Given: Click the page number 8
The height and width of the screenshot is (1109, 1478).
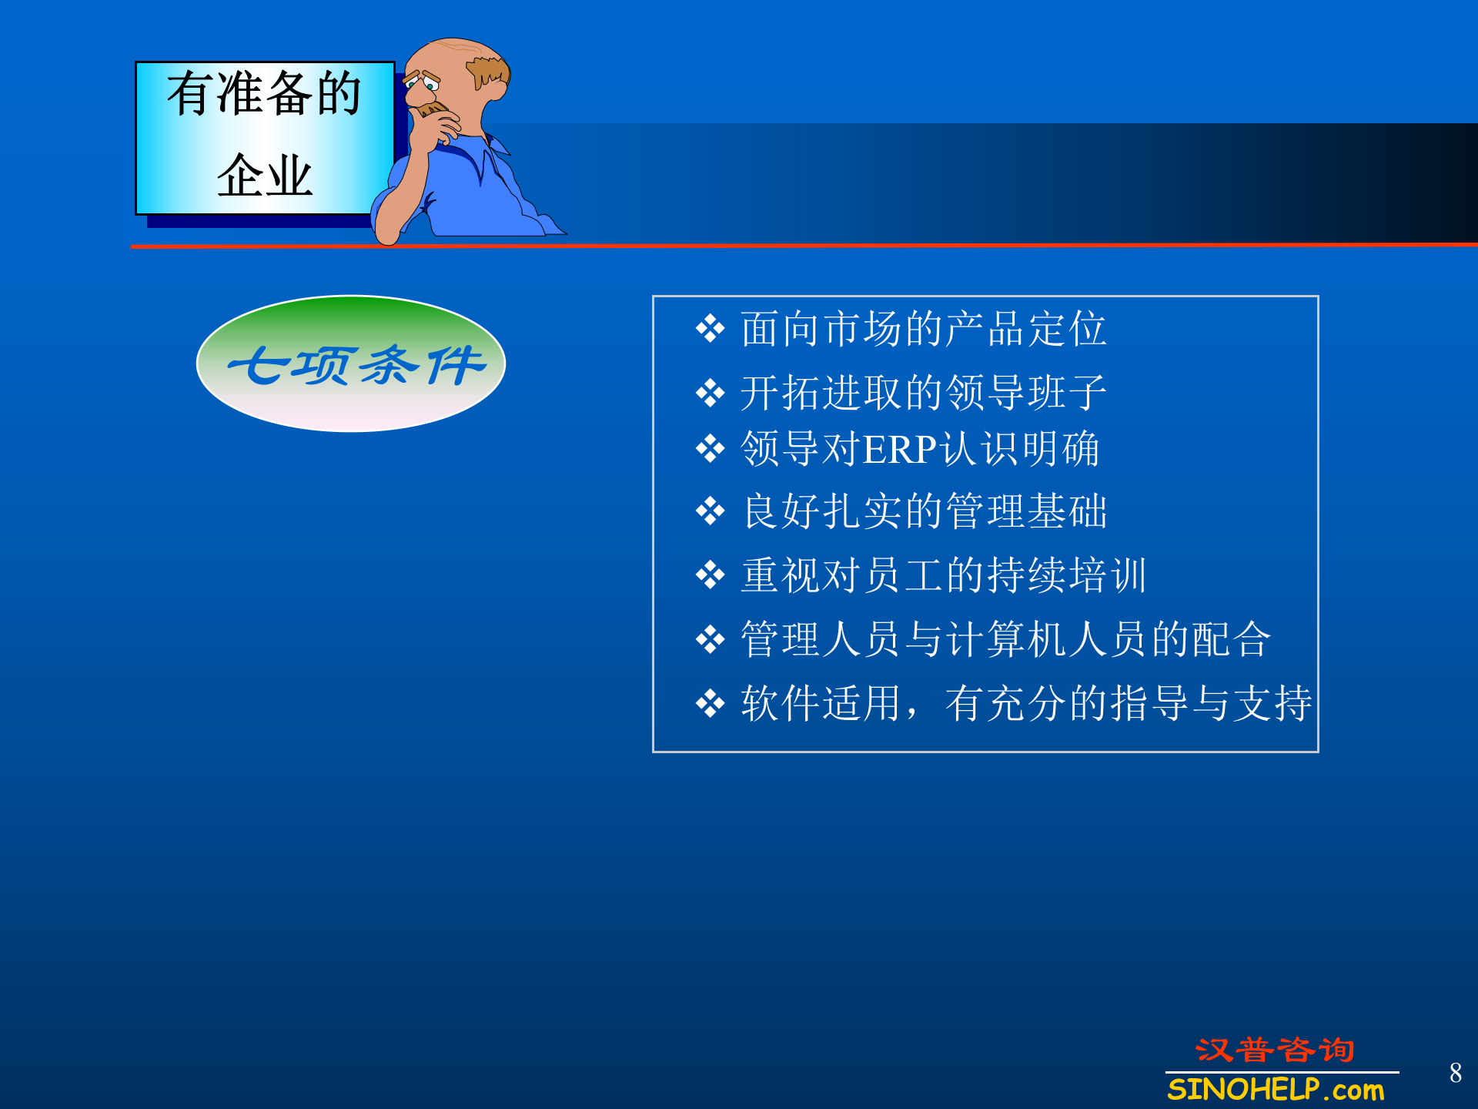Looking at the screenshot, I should (1455, 1073).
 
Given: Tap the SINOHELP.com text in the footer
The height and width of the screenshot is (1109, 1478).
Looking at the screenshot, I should (1276, 1090).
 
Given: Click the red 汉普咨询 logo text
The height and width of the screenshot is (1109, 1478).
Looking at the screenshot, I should (1275, 1050).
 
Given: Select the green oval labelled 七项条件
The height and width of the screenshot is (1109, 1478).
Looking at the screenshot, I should (351, 364).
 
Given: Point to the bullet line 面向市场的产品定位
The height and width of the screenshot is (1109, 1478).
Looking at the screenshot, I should (923, 329).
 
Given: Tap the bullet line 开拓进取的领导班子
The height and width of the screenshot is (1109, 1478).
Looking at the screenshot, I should (923, 393).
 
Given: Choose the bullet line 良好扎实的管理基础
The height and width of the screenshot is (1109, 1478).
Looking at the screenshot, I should (925, 511).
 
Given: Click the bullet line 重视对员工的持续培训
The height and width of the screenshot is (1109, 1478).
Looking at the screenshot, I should (944, 575).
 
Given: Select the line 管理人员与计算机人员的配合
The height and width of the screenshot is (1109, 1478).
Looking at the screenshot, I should (1005, 639).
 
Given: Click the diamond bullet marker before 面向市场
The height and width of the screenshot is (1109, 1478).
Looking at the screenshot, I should (710, 330).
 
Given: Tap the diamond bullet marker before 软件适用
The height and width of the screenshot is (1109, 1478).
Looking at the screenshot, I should (710, 703).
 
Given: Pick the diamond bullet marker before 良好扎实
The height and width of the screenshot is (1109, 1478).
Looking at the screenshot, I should (710, 511).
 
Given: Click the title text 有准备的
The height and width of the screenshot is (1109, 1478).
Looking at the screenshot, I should (264, 94).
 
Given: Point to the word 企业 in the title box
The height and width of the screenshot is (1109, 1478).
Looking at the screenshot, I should (264, 176).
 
